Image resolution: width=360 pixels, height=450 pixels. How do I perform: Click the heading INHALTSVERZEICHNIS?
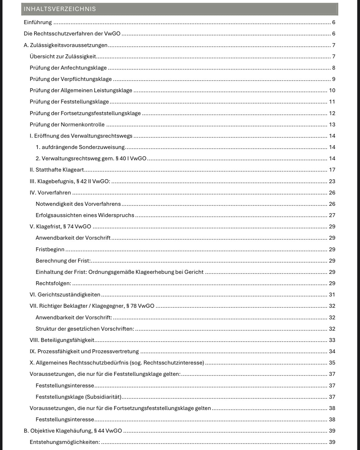point(60,9)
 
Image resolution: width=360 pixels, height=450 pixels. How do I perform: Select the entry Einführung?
point(38,22)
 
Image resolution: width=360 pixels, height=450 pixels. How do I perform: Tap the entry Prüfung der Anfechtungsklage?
point(68,68)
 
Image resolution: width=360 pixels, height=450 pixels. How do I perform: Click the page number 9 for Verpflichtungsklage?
point(333,79)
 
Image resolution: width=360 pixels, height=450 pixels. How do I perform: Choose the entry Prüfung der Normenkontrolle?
point(67,125)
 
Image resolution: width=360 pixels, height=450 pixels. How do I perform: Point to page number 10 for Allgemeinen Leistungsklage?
point(332,90)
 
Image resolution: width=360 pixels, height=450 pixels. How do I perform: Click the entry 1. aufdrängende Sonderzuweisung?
point(80,147)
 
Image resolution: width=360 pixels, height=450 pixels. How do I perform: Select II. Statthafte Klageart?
point(57,170)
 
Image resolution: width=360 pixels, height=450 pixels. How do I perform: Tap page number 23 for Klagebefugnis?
point(332,181)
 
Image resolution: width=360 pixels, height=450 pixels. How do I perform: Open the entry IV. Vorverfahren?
point(50,193)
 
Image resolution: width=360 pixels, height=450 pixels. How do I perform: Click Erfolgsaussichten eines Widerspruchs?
point(85,215)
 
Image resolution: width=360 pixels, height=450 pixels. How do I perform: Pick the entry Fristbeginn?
point(50,249)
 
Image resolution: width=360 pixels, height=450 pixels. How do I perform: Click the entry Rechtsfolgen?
point(53,283)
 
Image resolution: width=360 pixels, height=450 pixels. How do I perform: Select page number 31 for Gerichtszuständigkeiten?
point(332,295)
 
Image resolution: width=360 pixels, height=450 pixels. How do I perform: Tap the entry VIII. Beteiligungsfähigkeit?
point(62,340)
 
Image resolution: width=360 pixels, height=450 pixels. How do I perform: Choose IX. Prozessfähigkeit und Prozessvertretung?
point(84,351)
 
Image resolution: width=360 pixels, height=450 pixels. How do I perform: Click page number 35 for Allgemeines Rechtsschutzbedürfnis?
point(332,363)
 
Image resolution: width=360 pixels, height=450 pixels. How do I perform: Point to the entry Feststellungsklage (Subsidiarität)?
point(78,397)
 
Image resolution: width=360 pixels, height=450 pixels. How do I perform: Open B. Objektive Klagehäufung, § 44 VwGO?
point(73,431)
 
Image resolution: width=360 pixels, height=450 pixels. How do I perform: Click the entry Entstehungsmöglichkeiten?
point(65,442)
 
